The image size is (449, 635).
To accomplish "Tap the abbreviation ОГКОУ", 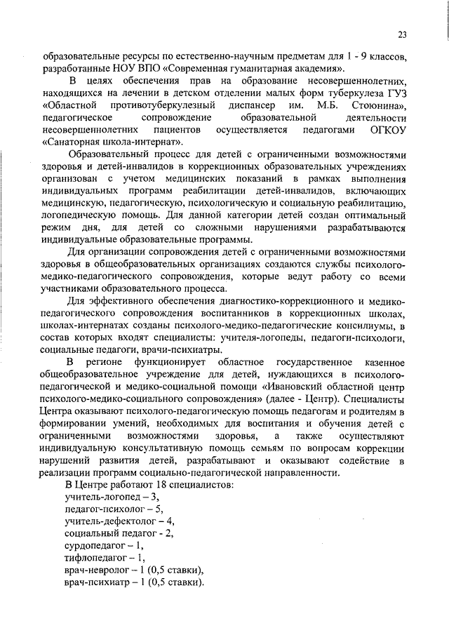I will point(387,131).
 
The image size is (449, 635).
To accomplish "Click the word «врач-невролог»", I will point(98,570).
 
